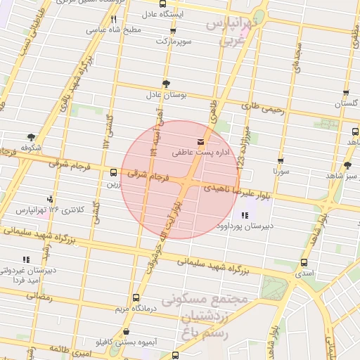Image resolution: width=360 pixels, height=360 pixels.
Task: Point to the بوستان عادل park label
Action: coord(165,94)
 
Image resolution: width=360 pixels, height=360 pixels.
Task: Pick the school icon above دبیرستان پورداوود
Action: coord(244,215)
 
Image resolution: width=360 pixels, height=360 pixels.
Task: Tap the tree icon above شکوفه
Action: coord(30,137)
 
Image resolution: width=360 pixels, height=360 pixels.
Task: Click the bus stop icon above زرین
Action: coord(113,172)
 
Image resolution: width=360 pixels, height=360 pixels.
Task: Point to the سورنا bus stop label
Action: coord(281,171)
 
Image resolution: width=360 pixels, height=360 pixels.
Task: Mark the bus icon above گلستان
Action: coord(346,93)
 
